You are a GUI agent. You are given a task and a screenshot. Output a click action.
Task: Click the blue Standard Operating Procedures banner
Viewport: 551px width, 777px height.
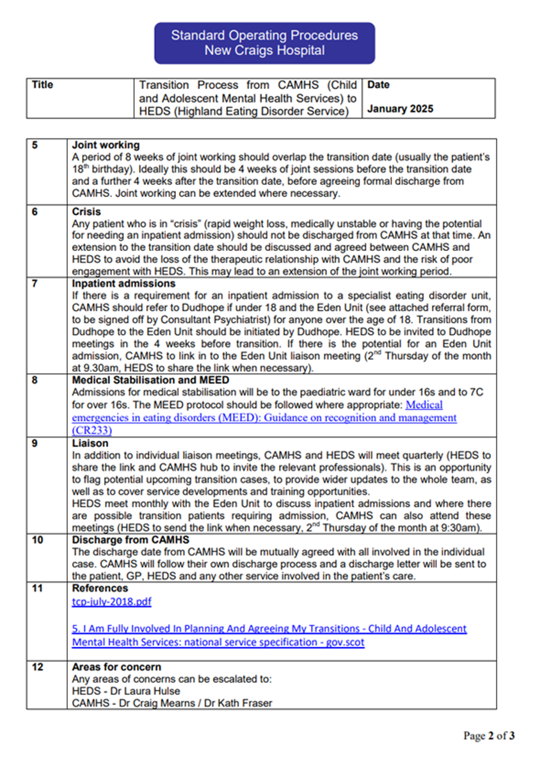(x=264, y=43)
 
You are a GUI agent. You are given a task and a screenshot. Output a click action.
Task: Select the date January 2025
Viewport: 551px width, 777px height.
(x=400, y=109)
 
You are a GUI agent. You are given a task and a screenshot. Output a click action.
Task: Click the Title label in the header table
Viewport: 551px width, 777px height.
(x=42, y=85)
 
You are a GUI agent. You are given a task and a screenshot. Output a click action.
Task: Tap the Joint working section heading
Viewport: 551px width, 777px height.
(x=106, y=145)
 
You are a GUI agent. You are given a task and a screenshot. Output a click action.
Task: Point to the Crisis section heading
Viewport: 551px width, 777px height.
(x=86, y=212)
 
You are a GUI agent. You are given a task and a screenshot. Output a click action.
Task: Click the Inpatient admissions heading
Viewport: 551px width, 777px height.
(x=124, y=284)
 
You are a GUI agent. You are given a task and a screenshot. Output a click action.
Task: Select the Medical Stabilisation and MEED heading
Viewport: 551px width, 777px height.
(x=150, y=380)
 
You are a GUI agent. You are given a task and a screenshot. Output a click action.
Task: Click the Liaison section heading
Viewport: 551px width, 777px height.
(x=90, y=443)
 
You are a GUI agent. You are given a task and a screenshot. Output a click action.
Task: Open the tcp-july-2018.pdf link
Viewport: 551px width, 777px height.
(x=111, y=602)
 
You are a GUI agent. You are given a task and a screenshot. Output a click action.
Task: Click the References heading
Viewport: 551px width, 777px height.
(x=100, y=588)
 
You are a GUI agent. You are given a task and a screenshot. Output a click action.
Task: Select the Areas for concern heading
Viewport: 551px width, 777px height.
(x=116, y=667)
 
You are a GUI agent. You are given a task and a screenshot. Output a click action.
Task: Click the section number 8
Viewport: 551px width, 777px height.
(x=35, y=380)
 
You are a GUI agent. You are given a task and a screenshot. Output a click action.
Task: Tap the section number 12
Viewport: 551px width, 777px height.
(x=38, y=667)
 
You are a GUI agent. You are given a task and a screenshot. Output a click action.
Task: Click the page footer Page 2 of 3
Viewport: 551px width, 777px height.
(x=489, y=736)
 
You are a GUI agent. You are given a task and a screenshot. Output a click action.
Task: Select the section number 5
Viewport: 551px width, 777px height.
(x=35, y=145)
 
